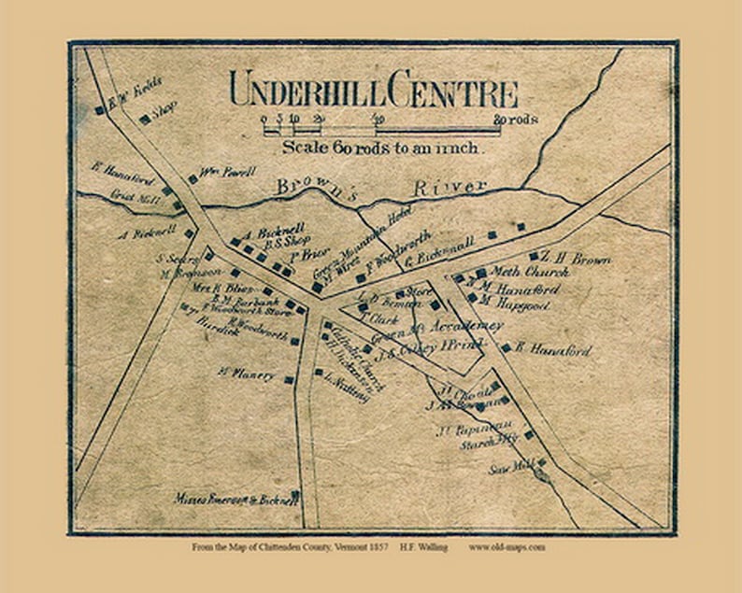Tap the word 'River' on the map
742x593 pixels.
pyautogui.click(x=457, y=186)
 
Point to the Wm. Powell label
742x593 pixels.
pyautogui.click(x=227, y=172)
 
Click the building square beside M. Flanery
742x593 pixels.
pyautogui.click(x=289, y=379)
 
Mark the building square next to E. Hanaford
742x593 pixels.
pyautogui.click(x=506, y=347)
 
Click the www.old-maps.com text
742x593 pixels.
pyautogui.click(x=507, y=547)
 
